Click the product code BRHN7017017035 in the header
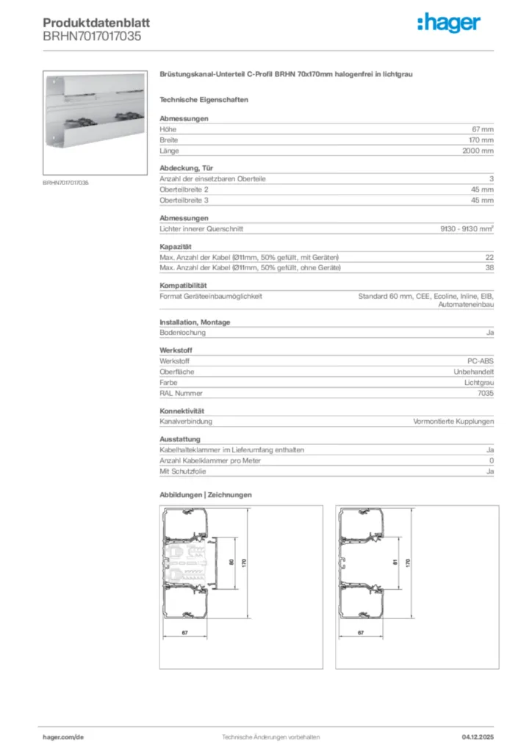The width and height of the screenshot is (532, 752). pos(92,35)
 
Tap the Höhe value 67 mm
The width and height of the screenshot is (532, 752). pos(482,129)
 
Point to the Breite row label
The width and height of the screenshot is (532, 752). pos(169,140)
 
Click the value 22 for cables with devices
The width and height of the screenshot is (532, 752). pos(489,256)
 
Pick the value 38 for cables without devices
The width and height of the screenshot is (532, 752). pos(489,267)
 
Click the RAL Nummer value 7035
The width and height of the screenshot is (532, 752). pos(486,393)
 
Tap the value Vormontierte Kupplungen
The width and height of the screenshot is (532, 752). pos(453,422)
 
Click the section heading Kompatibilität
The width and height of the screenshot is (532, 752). pos(183,285)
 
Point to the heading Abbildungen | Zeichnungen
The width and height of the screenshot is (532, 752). pos(206,495)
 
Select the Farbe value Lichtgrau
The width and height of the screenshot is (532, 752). pos(479,383)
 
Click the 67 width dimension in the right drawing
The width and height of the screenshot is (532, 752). pos(361,632)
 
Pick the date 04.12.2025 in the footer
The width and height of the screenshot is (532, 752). pos(478,737)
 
